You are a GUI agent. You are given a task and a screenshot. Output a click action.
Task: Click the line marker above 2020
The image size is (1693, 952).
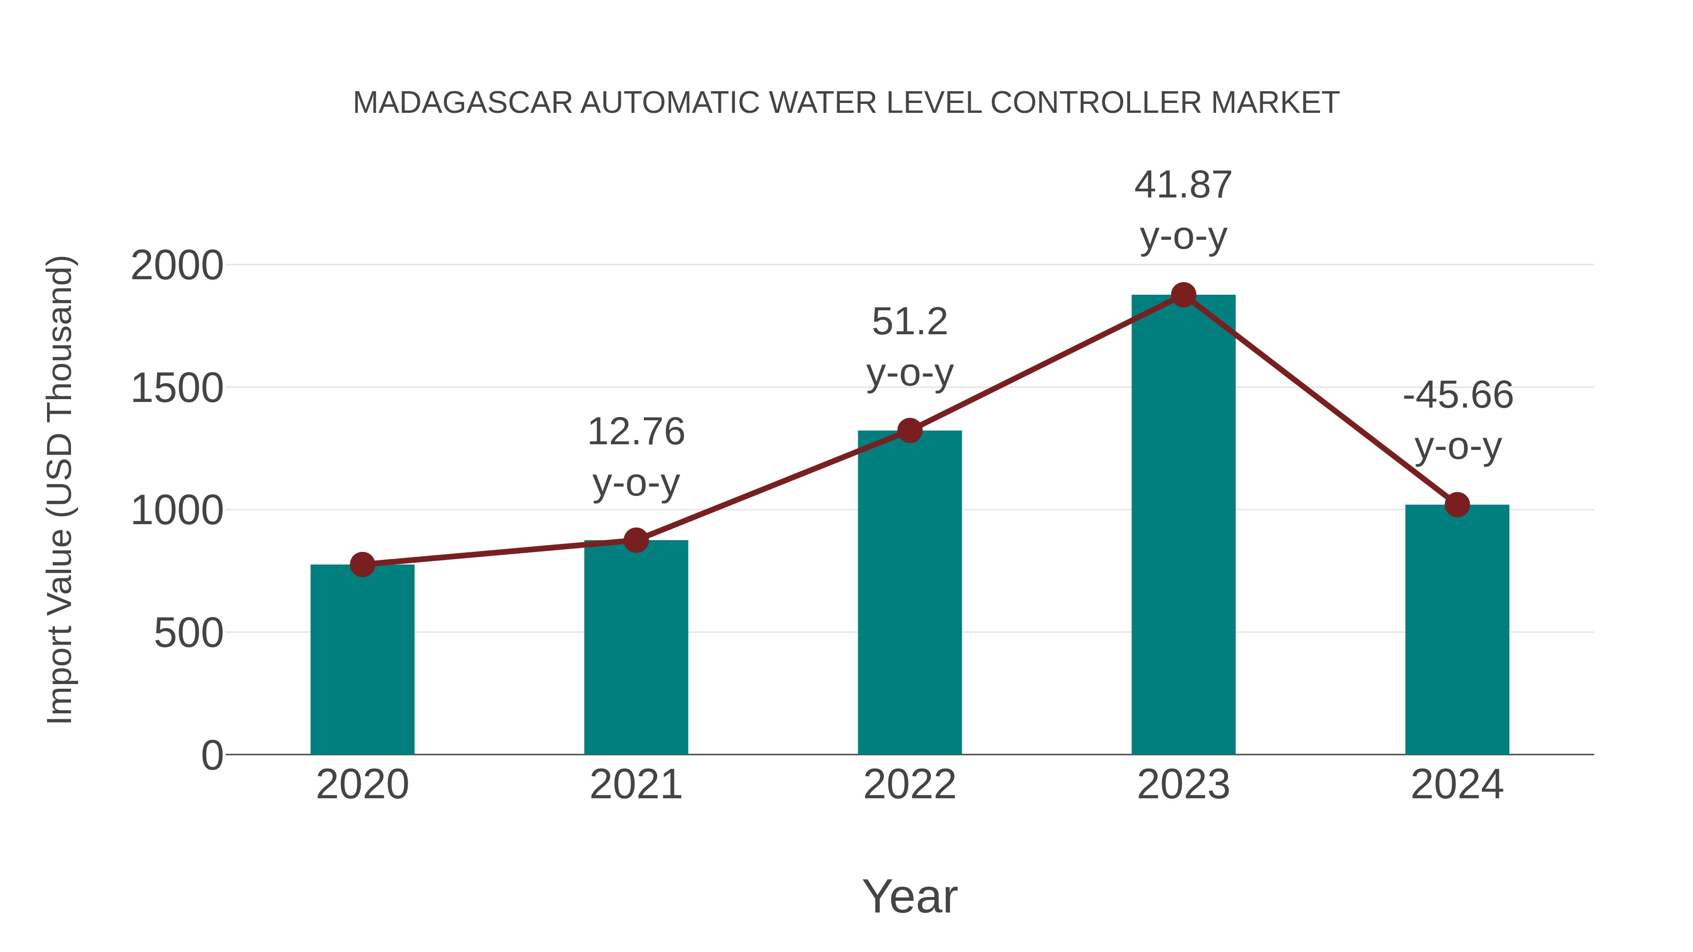pos(362,564)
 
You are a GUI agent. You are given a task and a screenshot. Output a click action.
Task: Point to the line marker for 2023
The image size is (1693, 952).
pos(1183,295)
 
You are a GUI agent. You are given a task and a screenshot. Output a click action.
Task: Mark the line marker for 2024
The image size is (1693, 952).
pos(1457,504)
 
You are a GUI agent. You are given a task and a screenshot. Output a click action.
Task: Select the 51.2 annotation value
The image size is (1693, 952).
pos(910,322)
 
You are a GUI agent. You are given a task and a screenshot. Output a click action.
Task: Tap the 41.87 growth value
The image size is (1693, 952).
pos(1183,185)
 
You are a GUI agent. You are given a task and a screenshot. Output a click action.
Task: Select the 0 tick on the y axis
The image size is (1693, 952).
pos(212,755)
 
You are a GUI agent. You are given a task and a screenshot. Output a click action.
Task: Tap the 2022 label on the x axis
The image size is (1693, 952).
pos(910,785)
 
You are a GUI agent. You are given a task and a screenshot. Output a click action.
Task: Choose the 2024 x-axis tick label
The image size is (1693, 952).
pos(1457,785)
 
